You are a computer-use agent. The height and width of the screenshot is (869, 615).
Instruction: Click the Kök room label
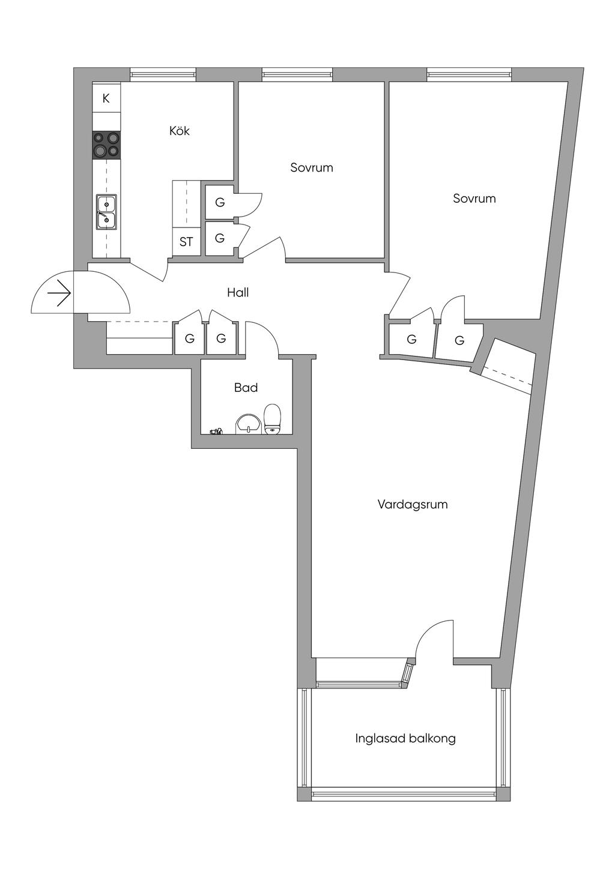tap(180, 131)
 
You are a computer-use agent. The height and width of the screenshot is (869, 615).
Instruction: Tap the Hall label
tap(238, 292)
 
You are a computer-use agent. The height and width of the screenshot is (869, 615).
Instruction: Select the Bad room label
tap(246, 387)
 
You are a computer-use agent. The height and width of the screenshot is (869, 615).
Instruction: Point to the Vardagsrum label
tap(413, 504)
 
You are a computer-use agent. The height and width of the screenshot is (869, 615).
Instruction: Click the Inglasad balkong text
tap(405, 738)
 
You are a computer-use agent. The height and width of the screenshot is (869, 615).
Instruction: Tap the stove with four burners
tap(106, 145)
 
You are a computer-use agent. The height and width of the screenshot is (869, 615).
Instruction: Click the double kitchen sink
tap(106, 211)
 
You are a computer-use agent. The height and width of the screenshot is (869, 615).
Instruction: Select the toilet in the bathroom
tap(272, 419)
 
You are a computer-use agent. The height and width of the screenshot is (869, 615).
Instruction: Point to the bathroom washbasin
tap(248, 424)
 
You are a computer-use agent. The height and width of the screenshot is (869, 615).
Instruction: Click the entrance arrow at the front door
tap(59, 293)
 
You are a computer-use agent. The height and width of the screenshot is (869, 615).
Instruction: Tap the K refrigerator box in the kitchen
tap(106, 98)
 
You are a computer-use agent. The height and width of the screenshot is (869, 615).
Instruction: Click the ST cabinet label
tap(186, 242)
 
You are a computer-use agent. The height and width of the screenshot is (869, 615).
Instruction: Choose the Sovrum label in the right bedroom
tap(474, 198)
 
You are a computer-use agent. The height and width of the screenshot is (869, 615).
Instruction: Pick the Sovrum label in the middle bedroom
tap(311, 167)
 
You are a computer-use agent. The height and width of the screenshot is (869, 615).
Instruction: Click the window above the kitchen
tap(162, 73)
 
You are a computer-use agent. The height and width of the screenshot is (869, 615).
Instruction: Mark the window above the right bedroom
tap(469, 73)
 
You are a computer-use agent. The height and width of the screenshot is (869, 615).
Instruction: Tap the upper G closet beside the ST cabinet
tap(220, 202)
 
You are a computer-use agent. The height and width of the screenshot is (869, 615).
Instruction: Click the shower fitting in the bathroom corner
tap(216, 431)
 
